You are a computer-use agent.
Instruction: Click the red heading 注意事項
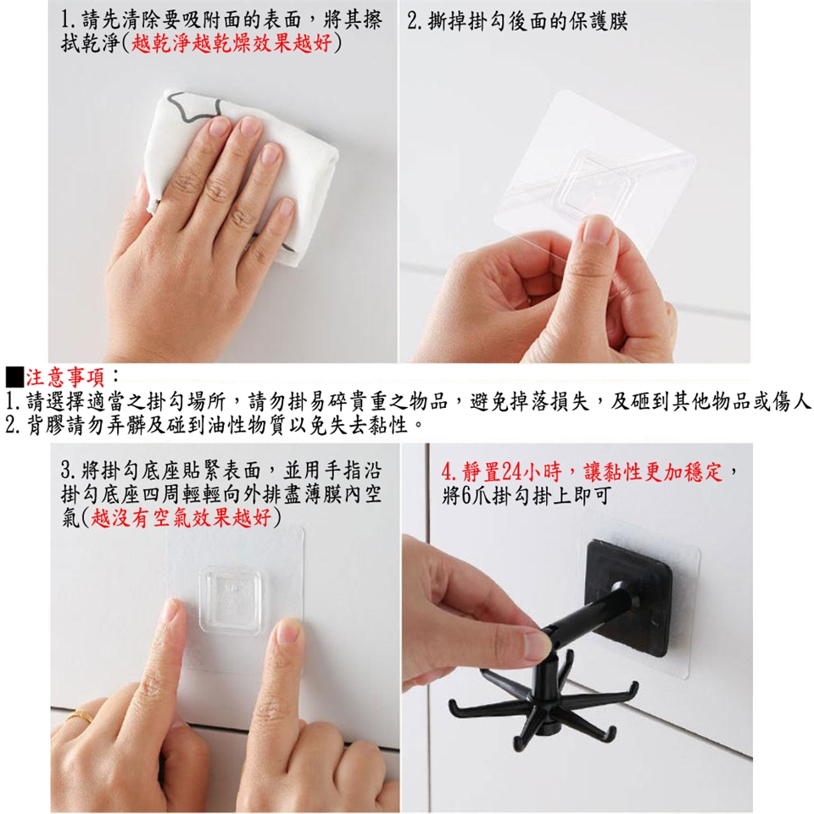point(66,377)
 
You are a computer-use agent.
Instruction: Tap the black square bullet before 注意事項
point(14,377)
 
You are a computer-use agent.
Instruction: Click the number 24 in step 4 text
point(513,472)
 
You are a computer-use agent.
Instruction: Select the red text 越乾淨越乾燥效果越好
point(231,43)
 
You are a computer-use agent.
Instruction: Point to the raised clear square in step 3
point(230,599)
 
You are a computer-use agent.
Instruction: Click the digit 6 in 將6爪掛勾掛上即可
point(466,496)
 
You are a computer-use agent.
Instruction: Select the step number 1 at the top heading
point(66,20)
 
